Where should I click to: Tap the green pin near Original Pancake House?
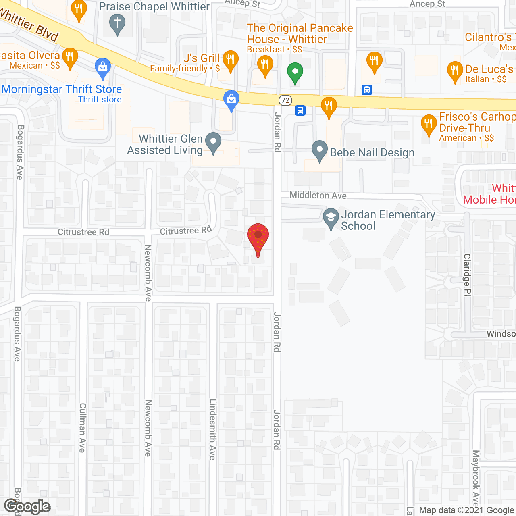[295, 73]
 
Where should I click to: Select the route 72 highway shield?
[285, 100]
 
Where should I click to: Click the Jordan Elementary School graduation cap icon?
[331, 218]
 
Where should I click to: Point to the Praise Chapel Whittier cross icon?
[117, 23]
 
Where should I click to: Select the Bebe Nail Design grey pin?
[320, 150]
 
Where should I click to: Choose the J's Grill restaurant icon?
[230, 60]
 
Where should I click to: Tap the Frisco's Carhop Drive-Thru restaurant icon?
[429, 124]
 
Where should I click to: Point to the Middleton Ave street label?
[318, 196]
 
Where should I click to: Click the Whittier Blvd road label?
[29, 24]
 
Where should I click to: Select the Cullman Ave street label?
[83, 427]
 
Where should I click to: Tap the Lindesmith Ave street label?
[213, 429]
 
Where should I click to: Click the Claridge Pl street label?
[467, 275]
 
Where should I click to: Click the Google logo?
[27, 506]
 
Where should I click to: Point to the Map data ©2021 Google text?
[467, 510]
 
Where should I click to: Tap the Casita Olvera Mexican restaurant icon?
[70, 58]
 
